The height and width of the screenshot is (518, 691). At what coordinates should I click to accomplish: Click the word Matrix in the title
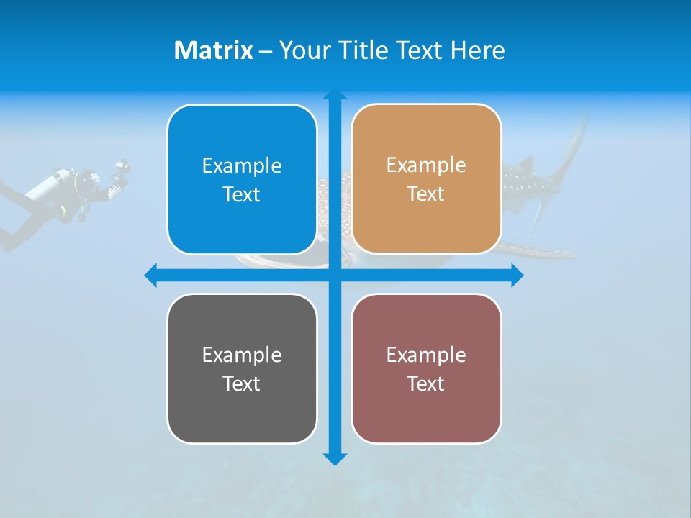213,50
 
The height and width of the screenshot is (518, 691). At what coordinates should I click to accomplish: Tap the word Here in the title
477,50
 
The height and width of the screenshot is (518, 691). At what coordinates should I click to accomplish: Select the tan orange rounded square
426,223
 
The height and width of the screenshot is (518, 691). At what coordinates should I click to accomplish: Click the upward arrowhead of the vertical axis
334,94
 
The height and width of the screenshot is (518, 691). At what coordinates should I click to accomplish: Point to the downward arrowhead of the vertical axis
334,459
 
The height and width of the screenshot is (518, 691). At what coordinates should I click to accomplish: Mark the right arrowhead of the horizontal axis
517,276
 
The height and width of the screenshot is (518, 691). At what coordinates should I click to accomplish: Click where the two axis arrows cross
334,276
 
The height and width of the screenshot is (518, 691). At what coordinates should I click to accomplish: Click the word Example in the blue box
242,165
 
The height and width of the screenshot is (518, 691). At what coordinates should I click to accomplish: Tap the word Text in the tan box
426,194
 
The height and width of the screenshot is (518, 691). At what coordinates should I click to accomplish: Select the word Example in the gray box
242,355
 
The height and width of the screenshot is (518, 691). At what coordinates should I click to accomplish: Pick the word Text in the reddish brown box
426,383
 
